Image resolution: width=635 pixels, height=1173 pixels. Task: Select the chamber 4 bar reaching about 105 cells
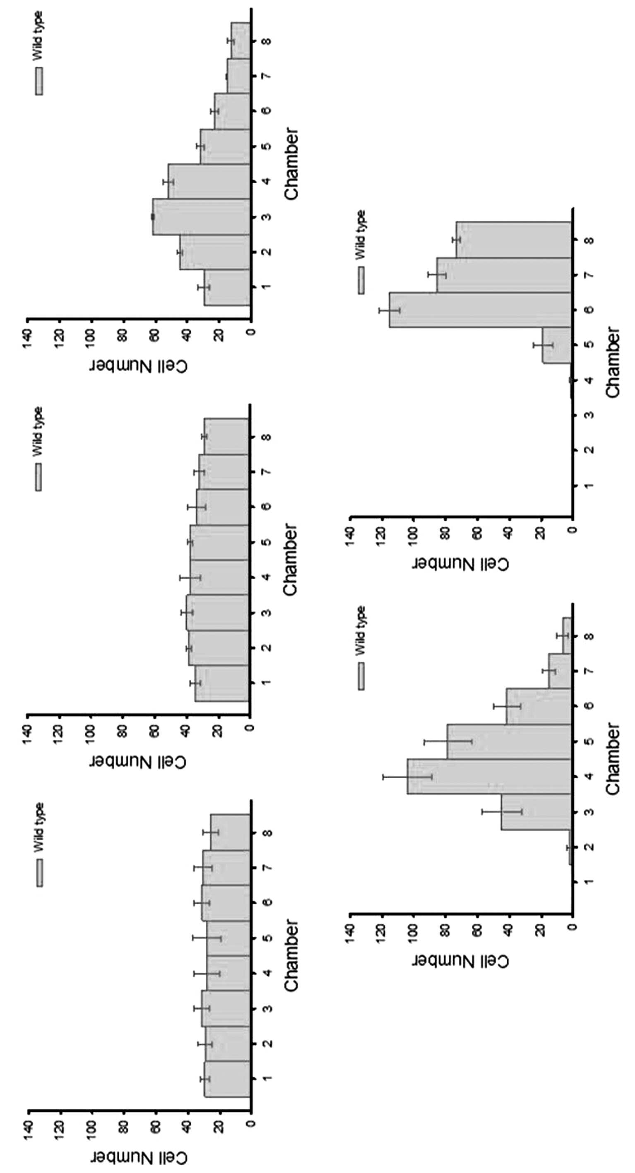489,776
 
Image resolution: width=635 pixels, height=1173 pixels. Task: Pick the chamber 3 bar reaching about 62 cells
201,217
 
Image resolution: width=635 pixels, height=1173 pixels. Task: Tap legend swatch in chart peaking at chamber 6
361,281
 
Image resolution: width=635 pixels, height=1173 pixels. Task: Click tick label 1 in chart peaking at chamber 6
590,486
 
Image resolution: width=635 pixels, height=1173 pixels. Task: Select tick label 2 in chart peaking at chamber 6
590,450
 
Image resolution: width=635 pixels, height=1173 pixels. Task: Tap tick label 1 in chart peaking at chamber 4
590,882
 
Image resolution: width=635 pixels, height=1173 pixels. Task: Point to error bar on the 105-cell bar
407,776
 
